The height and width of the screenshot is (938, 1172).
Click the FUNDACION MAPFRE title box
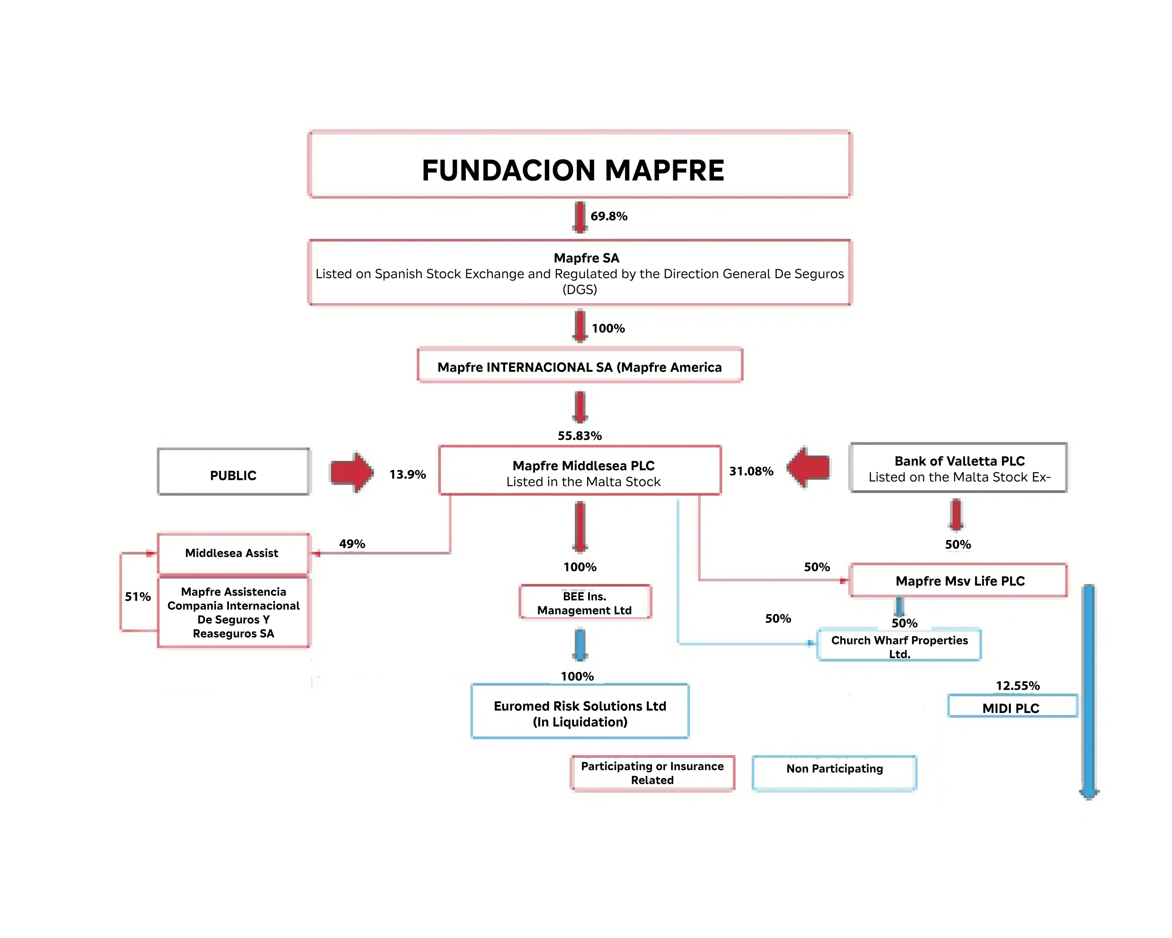pyautogui.click(x=579, y=165)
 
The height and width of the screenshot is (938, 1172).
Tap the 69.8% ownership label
pyautogui.click(x=609, y=216)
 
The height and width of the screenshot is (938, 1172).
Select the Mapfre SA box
pyautogui.click(x=579, y=273)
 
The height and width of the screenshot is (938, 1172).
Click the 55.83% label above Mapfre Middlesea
pyautogui.click(x=579, y=435)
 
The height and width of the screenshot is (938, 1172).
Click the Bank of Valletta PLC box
pyautogui.click(x=958, y=468)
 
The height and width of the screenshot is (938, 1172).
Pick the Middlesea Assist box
pyautogui.click(x=233, y=553)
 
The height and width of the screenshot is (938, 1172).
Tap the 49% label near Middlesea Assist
pyautogui.click(x=352, y=544)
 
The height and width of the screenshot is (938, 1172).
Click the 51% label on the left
pyautogui.click(x=137, y=597)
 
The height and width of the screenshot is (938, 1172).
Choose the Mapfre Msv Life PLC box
pyautogui.click(x=958, y=581)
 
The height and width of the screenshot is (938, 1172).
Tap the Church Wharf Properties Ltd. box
pyautogui.click(x=899, y=645)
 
